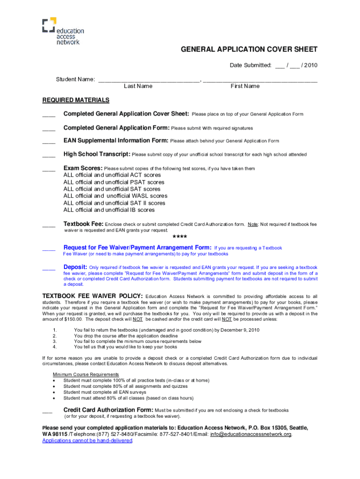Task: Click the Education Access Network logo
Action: click(63, 31)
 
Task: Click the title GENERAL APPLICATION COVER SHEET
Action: click(243, 50)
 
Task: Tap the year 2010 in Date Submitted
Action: click(310, 65)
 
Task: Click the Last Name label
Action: click(138, 86)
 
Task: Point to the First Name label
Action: click(245, 86)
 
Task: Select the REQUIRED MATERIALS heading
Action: click(76, 100)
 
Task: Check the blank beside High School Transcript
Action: click(49, 155)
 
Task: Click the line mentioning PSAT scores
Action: click(114, 182)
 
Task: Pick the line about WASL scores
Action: click(115, 196)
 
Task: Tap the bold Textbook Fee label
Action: click(83, 224)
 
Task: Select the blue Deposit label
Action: click(75, 267)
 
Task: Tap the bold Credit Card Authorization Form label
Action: click(108, 410)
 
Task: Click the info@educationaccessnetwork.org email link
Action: click(251, 434)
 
